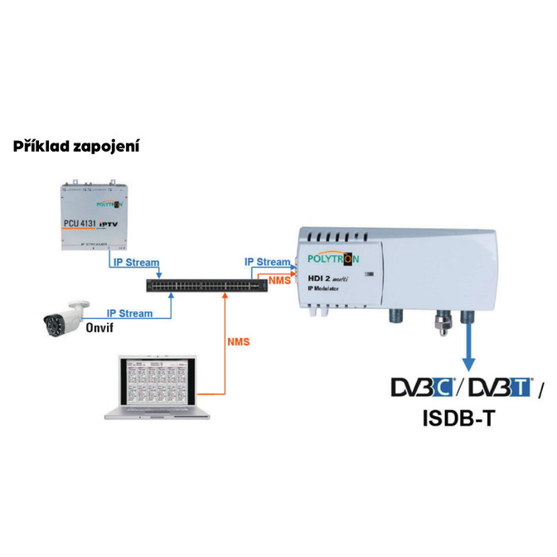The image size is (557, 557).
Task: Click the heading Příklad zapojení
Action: [75, 148]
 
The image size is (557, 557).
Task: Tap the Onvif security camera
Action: [67, 318]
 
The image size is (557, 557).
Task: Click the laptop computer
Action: [159, 386]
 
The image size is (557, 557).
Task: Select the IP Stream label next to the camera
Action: [129, 313]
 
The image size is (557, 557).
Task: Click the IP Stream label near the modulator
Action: [267, 262]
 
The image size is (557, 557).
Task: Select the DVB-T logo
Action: [500, 388]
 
